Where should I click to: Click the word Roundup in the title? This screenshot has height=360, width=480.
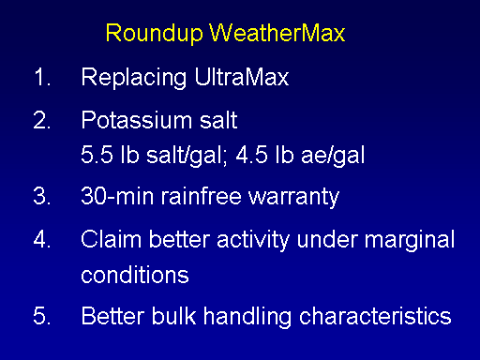point(155,34)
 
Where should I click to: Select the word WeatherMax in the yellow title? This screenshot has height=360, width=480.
point(277,33)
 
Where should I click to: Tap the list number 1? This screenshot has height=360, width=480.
point(42,77)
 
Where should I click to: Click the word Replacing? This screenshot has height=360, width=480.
point(134,79)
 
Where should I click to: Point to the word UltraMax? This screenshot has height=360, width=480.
point(242,77)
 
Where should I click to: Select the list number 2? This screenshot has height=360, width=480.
point(42,120)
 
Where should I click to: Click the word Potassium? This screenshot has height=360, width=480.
point(137,120)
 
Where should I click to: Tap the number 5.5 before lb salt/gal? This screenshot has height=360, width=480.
point(97,155)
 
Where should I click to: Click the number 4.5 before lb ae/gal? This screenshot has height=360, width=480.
point(252,155)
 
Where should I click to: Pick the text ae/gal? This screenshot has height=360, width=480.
point(333,156)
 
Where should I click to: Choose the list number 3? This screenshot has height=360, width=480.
point(42,196)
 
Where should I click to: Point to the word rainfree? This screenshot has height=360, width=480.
point(202,196)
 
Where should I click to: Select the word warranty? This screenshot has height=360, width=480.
point(293,198)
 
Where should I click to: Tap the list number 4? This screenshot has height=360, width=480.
point(42,239)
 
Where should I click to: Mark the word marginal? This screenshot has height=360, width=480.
point(410,241)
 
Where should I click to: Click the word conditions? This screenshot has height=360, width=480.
point(135,275)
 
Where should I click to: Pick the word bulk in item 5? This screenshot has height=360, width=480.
point(173,316)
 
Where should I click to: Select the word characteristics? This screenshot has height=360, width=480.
point(375,316)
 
